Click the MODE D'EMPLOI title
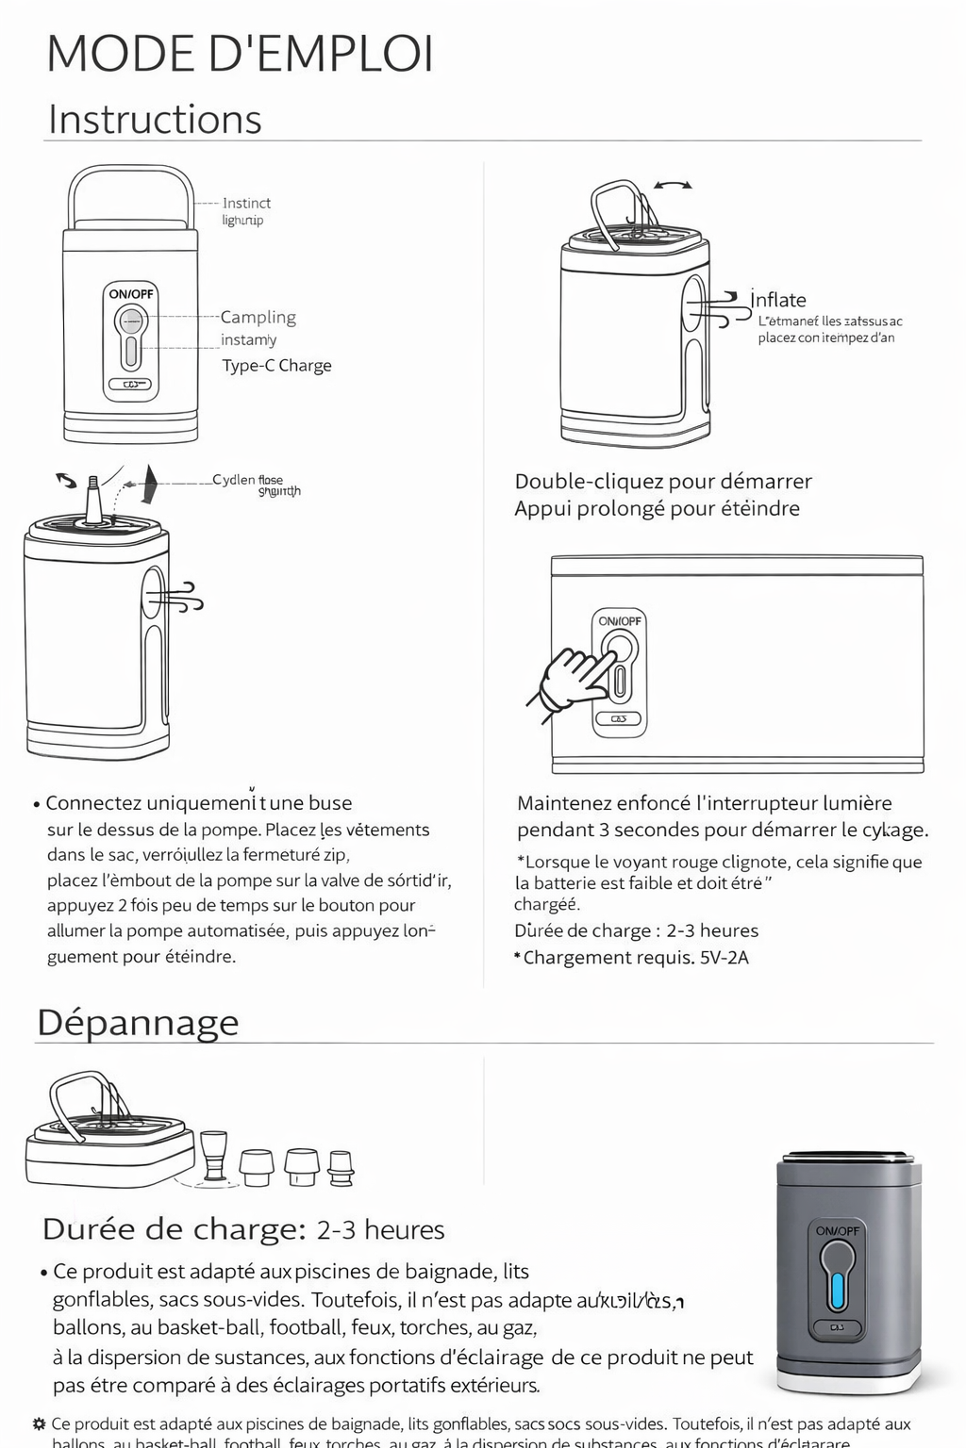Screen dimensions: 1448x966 coord(240,54)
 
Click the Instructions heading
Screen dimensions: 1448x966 coord(155,120)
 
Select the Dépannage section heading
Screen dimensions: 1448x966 coord(138,1023)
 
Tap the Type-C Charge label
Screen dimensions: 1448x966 coord(276,366)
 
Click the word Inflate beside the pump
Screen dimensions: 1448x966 coord(778,300)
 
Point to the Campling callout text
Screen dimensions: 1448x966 coord(258,318)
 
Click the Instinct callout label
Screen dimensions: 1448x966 coord(246,204)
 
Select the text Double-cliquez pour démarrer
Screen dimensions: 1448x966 coord(663,482)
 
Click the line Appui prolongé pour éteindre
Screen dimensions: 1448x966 coord(657,509)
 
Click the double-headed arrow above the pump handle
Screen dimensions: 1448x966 coord(672,186)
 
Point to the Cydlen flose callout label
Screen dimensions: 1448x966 coord(247,480)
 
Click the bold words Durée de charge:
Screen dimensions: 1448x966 coord(174,1229)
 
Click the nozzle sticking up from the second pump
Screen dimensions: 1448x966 coord(94,499)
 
